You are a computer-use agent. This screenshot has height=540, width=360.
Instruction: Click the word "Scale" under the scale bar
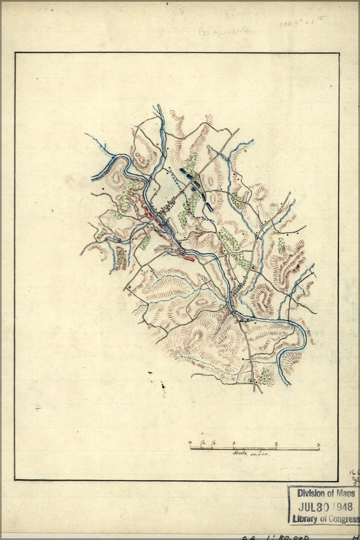pos(240,454)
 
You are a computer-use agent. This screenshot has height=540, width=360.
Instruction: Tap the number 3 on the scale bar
pos(318,445)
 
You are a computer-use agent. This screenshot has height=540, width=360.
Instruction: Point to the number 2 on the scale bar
pos(276,445)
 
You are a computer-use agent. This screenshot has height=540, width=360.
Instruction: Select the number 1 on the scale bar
pos(234,445)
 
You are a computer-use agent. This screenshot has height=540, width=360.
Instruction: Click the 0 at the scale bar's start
pos(190,444)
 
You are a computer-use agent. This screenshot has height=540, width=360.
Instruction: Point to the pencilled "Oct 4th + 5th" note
pos(302,23)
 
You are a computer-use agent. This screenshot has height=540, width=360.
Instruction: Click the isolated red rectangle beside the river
pos(189,259)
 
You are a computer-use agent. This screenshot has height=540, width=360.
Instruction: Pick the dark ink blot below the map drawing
pos(162,384)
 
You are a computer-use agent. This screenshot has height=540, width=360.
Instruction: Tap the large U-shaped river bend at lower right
pos(294,346)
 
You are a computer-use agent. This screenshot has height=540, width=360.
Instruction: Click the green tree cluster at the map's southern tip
pos(264,376)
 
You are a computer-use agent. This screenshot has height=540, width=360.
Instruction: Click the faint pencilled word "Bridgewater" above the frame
pos(224,31)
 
